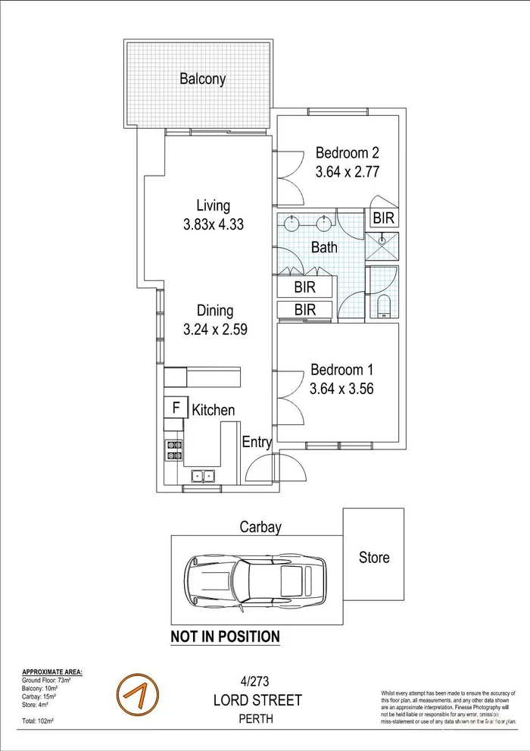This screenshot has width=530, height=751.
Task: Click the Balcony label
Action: click(x=202, y=78)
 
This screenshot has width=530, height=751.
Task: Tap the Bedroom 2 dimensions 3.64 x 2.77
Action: click(x=346, y=171)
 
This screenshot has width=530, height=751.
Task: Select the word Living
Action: click(x=213, y=205)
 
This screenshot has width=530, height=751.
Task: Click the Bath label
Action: click(x=324, y=247)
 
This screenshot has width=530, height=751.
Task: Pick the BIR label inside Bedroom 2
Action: click(x=383, y=218)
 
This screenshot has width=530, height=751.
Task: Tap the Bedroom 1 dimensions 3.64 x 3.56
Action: click(x=341, y=390)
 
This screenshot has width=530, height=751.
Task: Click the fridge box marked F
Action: click(x=176, y=408)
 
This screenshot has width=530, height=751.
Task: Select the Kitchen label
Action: click(x=213, y=410)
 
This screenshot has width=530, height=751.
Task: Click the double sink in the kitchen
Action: click(x=203, y=476)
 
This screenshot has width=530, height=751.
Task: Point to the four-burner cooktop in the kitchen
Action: click(x=174, y=450)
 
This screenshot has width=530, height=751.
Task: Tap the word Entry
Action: click(x=257, y=443)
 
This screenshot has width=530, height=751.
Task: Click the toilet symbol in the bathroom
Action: click(x=382, y=306)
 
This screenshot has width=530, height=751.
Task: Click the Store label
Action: click(x=374, y=558)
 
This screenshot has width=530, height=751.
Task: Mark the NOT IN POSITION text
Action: click(x=225, y=637)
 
